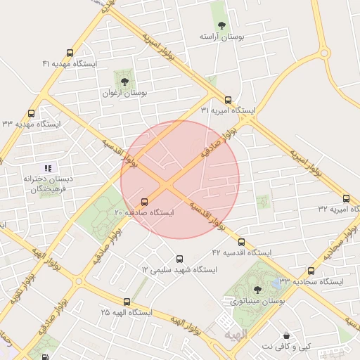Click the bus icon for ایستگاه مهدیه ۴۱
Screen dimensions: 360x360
coord(69,53)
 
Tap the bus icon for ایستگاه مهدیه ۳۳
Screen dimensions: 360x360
coord(31,113)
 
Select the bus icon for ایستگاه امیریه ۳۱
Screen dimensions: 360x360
coord(227,100)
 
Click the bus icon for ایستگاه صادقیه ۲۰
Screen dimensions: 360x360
coord(145,202)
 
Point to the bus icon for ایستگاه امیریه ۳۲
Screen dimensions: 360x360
coord(346,198)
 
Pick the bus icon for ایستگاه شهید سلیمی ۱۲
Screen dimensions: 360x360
coord(179,259)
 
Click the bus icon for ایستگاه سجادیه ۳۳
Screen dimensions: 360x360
coord(311,271)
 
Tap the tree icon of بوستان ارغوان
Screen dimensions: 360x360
coord(124,82)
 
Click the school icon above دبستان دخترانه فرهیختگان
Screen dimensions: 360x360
coord(48,168)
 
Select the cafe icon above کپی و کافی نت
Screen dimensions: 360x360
coord(286,336)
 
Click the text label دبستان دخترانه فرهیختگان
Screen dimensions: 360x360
coord(48,184)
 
